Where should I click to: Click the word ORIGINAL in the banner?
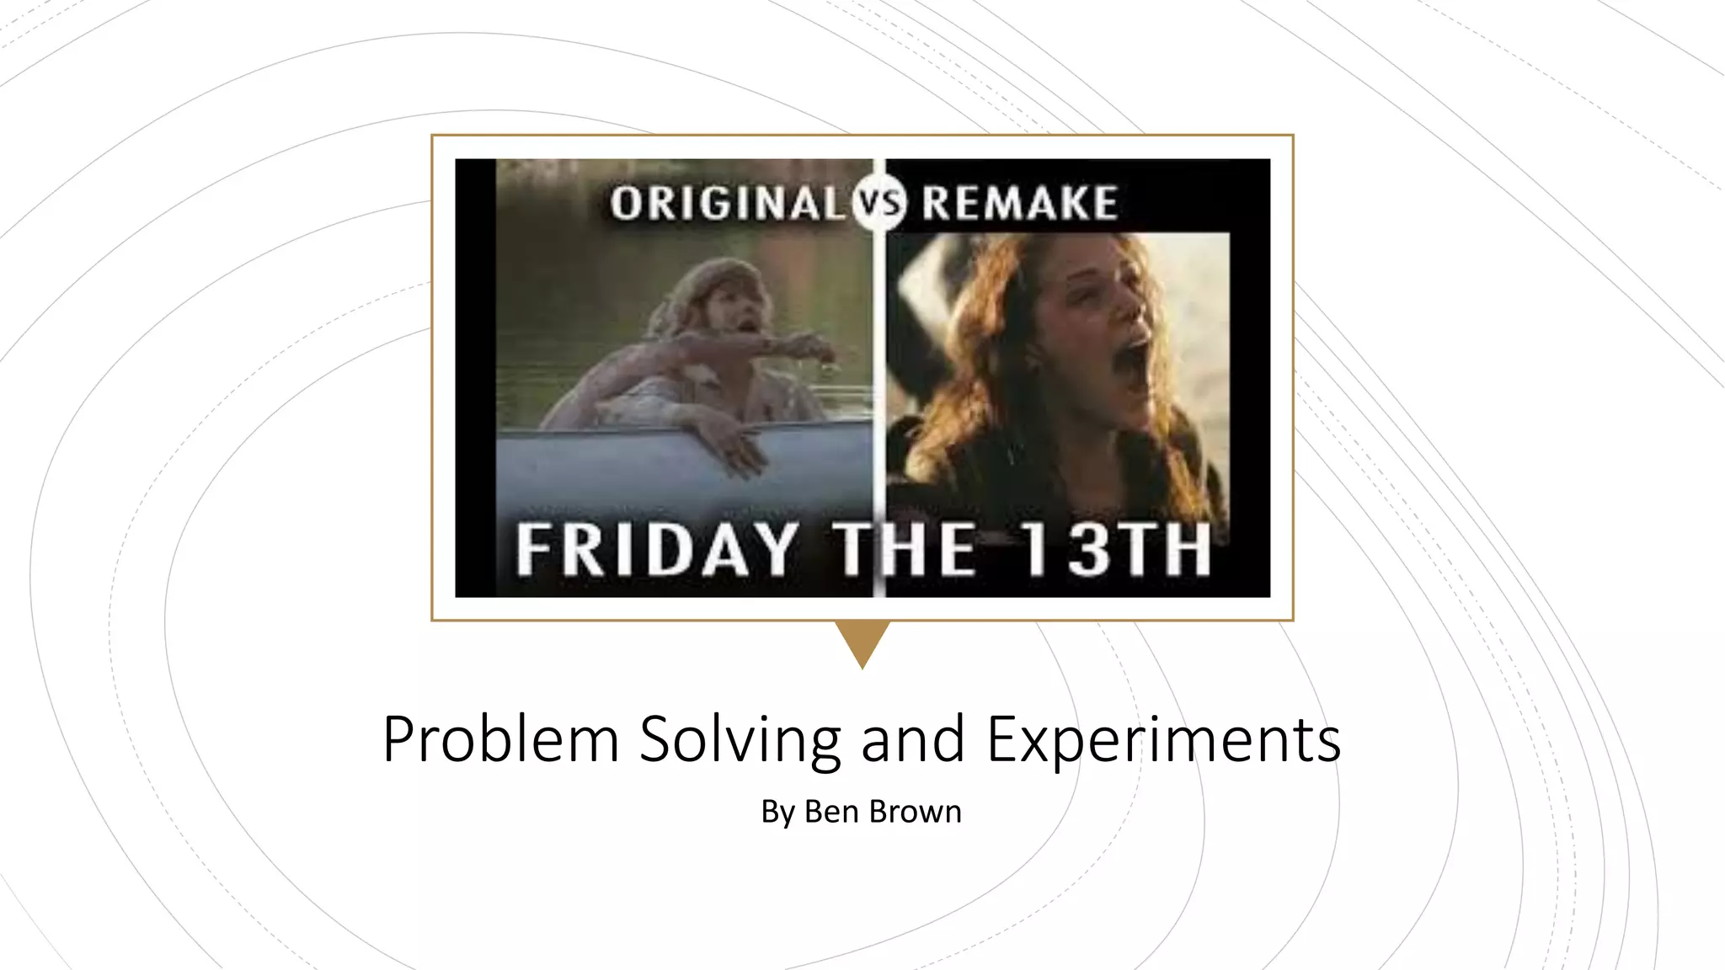tap(726, 204)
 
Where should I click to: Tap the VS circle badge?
tap(879, 204)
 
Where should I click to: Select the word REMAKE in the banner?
tap(1019, 204)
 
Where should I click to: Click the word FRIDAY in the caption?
tap(657, 550)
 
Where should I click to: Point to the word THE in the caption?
tap(905, 550)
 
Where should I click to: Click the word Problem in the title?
tap(501, 739)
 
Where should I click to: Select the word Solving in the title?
tap(740, 739)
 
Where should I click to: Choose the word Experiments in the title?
tap(1163, 739)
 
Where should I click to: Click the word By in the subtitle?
tap(777, 812)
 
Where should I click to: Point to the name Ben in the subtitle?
tap(831, 812)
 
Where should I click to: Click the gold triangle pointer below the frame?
tap(862, 640)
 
